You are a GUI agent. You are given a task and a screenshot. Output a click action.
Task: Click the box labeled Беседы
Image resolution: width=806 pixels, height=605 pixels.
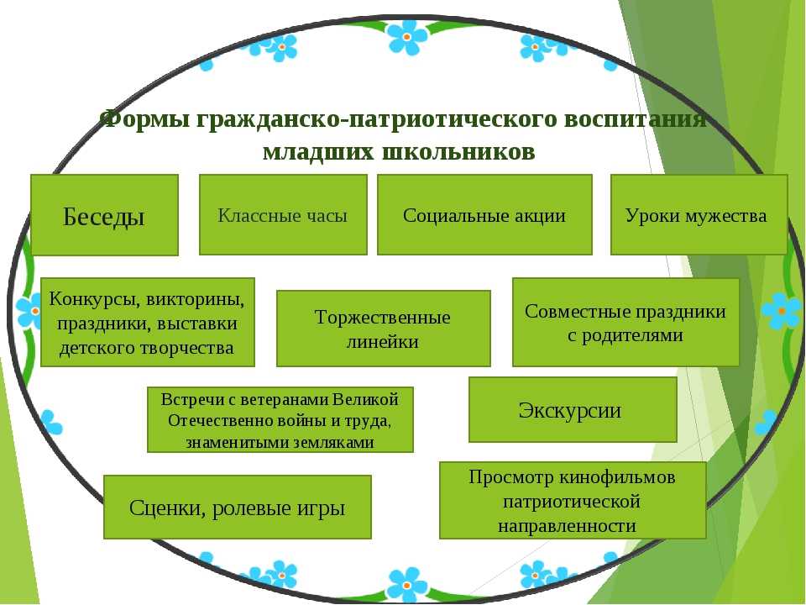point(104,214)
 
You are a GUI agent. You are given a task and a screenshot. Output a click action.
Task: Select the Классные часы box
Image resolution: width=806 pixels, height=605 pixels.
point(283,214)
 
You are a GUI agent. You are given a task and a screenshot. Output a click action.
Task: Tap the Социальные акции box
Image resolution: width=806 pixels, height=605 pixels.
point(484,214)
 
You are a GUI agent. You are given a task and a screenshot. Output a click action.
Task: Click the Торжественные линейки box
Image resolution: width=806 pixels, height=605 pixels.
point(384,329)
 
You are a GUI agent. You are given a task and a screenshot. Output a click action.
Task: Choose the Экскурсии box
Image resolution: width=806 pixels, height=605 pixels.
point(573,409)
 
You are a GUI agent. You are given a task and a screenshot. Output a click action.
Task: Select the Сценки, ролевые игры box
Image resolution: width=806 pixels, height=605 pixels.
point(238,508)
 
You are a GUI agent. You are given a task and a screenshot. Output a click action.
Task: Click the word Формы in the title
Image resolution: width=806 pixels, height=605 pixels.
point(146,119)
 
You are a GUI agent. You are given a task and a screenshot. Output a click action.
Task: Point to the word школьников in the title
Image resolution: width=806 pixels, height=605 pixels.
point(458,152)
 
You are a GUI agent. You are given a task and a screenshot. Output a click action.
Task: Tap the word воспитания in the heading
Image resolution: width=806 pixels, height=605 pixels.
point(635,119)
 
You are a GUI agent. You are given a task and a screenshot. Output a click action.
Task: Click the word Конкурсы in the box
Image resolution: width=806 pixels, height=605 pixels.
point(92,299)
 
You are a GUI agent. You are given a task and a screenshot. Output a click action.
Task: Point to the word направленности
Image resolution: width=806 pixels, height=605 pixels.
point(567,526)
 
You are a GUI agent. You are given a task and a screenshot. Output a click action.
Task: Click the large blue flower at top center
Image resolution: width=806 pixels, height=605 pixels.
point(407,37)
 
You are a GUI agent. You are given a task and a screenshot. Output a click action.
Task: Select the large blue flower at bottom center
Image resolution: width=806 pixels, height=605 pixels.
point(406,585)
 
